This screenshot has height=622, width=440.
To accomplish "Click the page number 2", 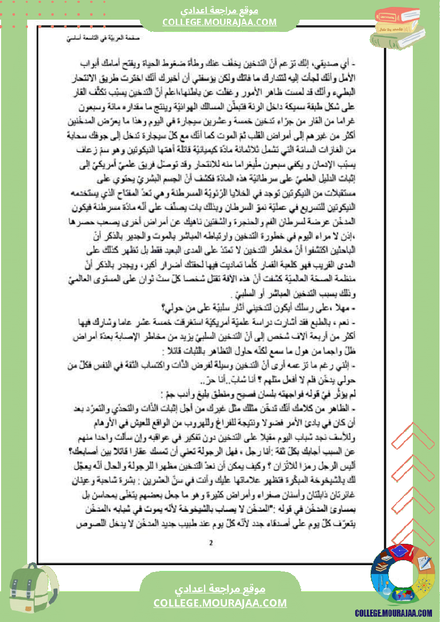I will (x=211, y=543).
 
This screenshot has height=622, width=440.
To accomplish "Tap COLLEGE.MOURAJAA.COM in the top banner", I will (x=219, y=22).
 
